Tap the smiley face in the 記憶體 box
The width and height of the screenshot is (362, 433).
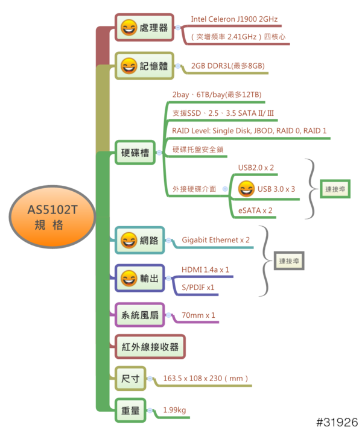(129, 66)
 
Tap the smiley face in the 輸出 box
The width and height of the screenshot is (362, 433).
(129, 278)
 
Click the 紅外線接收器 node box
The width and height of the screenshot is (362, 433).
(150, 347)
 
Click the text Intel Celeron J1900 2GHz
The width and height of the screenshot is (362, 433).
(235, 19)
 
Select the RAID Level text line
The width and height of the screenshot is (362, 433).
(249, 130)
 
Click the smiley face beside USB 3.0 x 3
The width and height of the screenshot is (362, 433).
(246, 189)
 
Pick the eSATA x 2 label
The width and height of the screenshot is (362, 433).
(256, 210)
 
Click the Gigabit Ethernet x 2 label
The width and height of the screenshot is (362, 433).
(215, 240)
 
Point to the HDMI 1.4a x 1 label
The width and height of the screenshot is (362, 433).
(205, 270)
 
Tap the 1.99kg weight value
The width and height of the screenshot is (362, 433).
(174, 411)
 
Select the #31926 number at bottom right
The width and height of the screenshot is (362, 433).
(337, 422)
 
